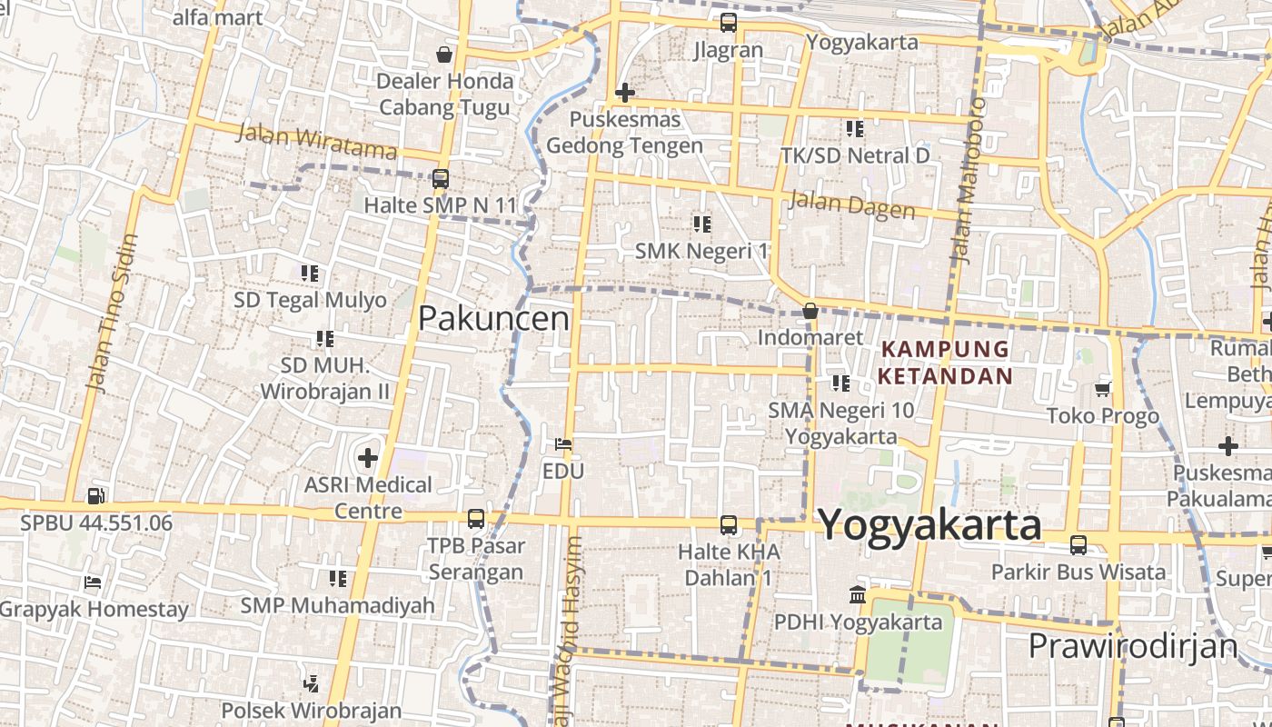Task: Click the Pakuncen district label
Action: [x=493, y=318]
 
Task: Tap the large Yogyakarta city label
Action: [x=929, y=525]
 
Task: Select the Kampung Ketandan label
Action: [x=945, y=362]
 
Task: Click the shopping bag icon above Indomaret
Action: [x=810, y=312]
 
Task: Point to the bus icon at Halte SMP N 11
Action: [x=441, y=179]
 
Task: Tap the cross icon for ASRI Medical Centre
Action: [x=368, y=457]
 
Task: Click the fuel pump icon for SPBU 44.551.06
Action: [x=95, y=496]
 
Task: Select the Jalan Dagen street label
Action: [x=851, y=204]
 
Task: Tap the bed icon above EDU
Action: [x=563, y=444]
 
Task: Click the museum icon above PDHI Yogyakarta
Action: [x=857, y=595]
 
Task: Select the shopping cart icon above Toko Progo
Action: [x=1103, y=389]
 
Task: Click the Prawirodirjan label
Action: [x=1132, y=646]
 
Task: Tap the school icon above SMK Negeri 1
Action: [x=701, y=224]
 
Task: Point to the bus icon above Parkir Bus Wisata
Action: [x=1078, y=545]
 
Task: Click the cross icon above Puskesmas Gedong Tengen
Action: [x=624, y=93]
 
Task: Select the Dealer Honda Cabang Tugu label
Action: [x=445, y=94]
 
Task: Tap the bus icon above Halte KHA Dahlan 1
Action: [x=729, y=524]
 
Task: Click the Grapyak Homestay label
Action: [x=94, y=609]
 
